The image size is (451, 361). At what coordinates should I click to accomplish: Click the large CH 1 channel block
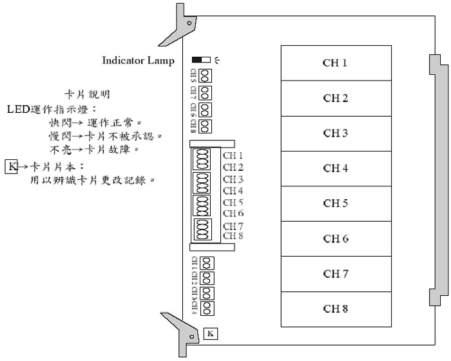click(336, 63)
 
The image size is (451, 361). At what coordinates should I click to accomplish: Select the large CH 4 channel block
click(336, 168)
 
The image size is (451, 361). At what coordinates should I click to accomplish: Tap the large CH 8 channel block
click(336, 309)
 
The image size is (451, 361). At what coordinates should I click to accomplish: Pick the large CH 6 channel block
click(336, 239)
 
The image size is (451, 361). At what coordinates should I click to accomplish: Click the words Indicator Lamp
click(138, 61)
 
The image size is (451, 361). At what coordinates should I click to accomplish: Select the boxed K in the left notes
click(12, 167)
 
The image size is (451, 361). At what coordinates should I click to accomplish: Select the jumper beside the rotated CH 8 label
click(206, 124)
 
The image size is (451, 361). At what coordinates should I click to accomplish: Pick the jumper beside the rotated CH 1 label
click(207, 263)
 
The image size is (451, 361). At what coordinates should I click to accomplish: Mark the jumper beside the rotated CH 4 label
click(207, 309)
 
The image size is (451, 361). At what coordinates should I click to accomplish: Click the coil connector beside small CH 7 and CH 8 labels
click(202, 230)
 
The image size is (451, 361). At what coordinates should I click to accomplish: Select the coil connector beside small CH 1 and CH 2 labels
click(202, 159)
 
